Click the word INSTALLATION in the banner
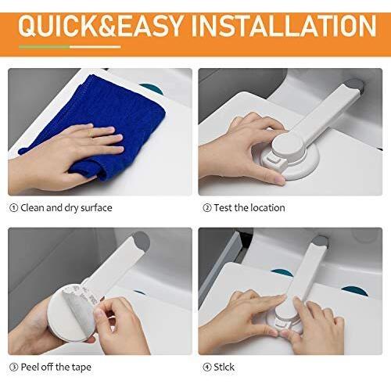pyautogui.click(x=284, y=26)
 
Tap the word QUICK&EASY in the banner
pyautogui.click(x=100, y=26)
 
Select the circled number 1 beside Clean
pyautogui.click(x=13, y=208)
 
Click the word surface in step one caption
pyautogui.click(x=96, y=208)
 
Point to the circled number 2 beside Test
pyautogui.click(x=207, y=208)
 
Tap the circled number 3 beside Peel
pyautogui.click(x=13, y=368)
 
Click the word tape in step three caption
pyautogui.click(x=81, y=368)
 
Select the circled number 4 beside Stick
pyautogui.click(x=207, y=368)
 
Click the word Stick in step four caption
pyautogui.click(x=224, y=367)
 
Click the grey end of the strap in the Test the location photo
pyautogui.click(x=356, y=85)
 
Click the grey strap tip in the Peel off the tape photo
pyautogui.click(x=141, y=241)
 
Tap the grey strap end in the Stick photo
pyautogui.click(x=320, y=241)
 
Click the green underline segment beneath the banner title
pyautogui.click(x=45, y=47)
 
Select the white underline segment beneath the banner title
pyautogui.click(x=95, y=47)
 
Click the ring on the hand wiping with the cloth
pyautogui.click(x=91, y=133)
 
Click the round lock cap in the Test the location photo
pyautogui.click(x=287, y=145)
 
